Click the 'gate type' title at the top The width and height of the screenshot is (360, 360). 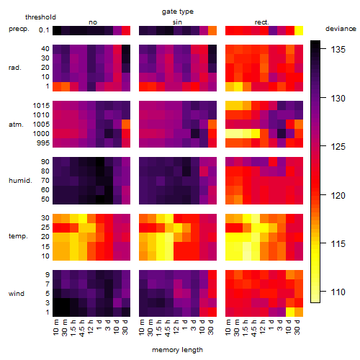pos(178,12)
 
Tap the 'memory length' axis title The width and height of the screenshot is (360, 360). pos(177,350)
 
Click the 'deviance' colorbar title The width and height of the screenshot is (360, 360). pos(341,29)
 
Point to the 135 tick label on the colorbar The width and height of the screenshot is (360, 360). pos(338,50)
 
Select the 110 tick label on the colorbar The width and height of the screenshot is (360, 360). pos(338,292)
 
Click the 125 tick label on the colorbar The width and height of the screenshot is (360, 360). pos(338,146)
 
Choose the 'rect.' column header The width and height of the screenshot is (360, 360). pos(262,22)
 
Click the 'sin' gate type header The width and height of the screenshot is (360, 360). pos(177,22)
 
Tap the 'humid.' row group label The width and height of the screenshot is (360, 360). pos(20,181)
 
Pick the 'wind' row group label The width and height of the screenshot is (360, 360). pos(17,294)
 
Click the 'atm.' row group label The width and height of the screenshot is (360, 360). pos(16,125)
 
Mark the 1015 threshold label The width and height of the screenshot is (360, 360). pos(41,105)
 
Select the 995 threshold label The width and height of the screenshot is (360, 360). pos(43,143)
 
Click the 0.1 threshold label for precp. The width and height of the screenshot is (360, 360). pos(44,30)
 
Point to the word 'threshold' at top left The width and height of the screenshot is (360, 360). pos(40,17)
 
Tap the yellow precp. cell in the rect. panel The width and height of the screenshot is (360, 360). pos(299,30)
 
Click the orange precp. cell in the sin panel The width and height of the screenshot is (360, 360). pos(212,30)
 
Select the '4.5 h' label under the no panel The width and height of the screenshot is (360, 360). pos(81,328)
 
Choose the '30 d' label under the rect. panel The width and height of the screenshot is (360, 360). pos(297,327)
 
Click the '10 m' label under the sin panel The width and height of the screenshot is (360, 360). pos(142,327)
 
